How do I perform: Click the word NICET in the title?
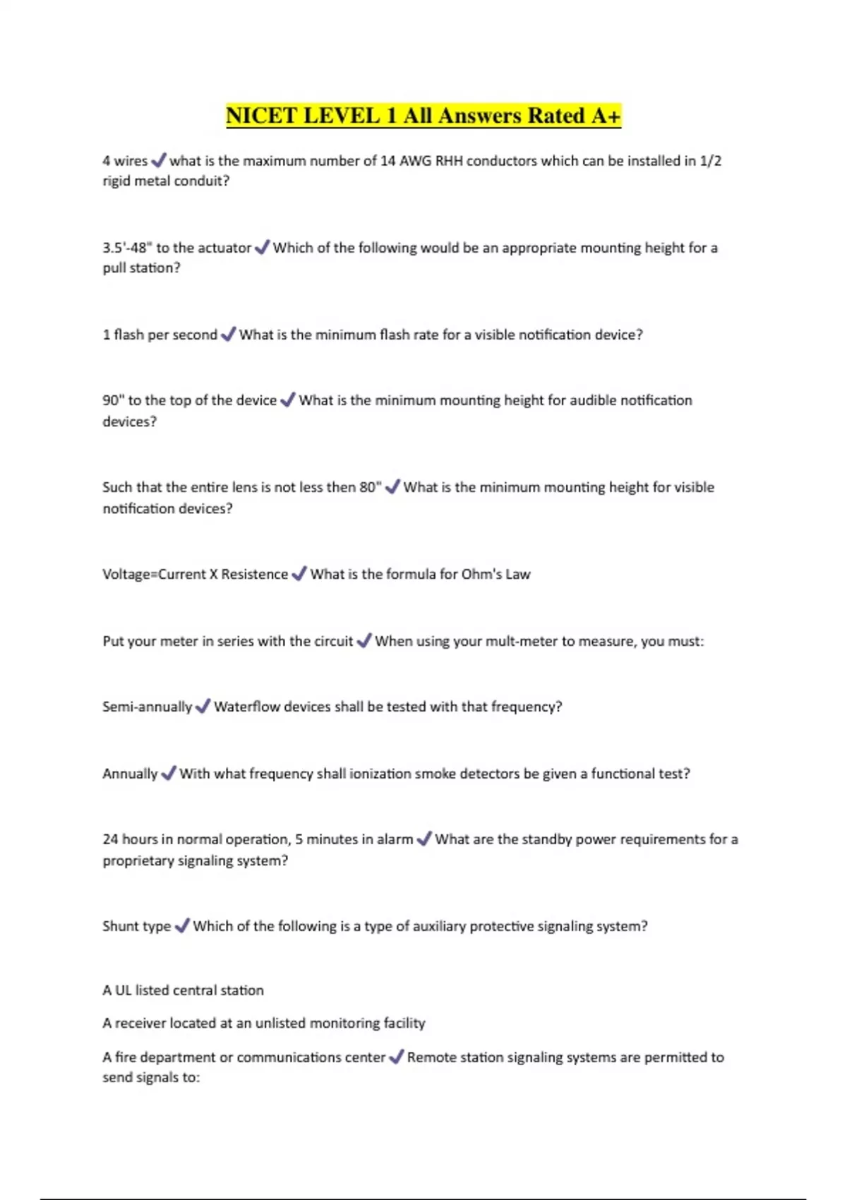coord(260,116)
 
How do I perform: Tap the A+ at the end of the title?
coord(605,116)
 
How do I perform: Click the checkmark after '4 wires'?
coord(159,161)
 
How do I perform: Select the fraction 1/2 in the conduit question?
coord(710,161)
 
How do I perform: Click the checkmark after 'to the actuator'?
coord(262,248)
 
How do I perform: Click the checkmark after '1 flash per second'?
coord(228,335)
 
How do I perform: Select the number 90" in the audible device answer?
coord(113,400)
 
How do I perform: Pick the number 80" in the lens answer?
coord(371,487)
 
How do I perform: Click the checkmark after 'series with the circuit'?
coord(364,641)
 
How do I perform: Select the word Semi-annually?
coord(147,707)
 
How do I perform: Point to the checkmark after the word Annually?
coord(168,774)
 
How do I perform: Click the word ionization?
coord(380,774)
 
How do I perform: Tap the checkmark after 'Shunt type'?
coord(181,926)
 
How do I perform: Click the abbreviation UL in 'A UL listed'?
coord(123,990)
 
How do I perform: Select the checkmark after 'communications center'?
coord(396,1057)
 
